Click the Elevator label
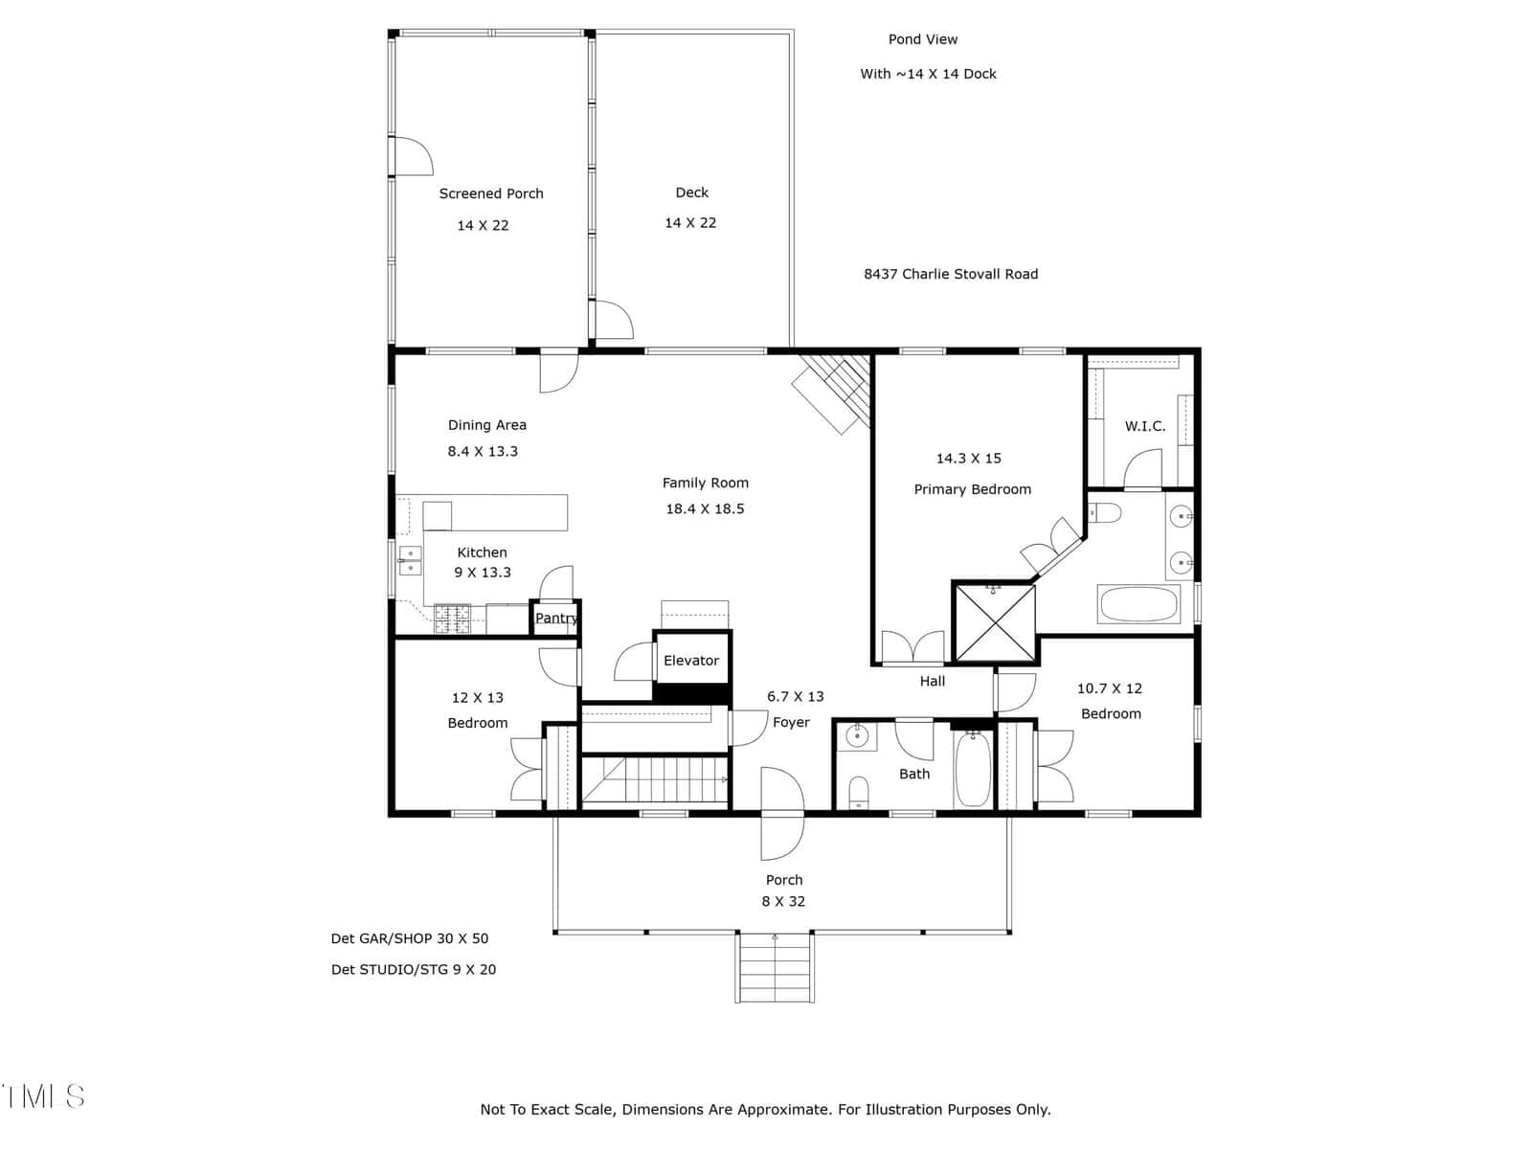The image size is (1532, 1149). pos(690,660)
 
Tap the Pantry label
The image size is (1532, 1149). pos(555,619)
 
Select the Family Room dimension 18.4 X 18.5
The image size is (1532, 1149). pos(704,508)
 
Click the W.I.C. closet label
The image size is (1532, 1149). pos(1144,426)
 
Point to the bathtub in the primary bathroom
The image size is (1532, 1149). pos(1138,604)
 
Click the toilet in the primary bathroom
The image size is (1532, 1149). pos(1105,513)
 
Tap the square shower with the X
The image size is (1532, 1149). pos(994,623)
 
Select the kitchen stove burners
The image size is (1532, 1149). pos(451,619)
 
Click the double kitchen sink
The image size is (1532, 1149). pos(411,560)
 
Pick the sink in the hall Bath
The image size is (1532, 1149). pos(856,736)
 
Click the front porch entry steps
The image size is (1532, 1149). pos(774,967)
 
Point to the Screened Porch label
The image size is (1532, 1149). pos(490,193)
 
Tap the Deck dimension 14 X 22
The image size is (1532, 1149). pos(690,222)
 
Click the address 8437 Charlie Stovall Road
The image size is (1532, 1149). pos(951,274)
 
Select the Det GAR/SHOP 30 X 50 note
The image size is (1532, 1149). pos(410,938)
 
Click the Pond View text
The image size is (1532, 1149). pos(923,40)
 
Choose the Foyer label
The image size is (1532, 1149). pos(791,723)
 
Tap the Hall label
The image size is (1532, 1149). pos(932,682)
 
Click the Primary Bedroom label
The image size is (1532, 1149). pos(972,489)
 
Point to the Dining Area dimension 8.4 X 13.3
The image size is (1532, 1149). pos(483,451)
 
